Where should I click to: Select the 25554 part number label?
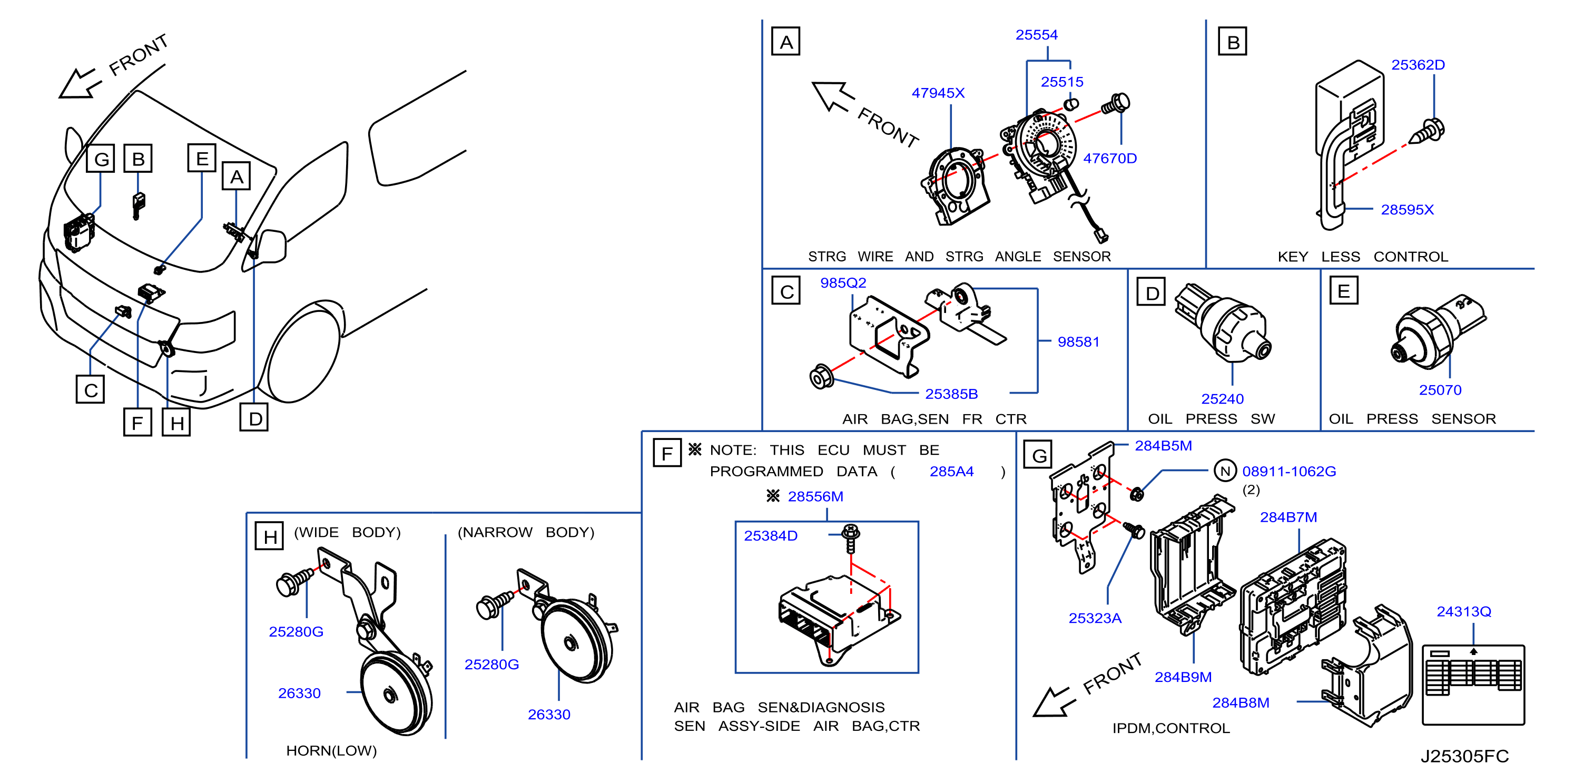[x=1036, y=35]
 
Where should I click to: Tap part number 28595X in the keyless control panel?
[x=1406, y=210]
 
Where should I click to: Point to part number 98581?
[x=1078, y=342]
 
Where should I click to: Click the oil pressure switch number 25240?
[x=1222, y=399]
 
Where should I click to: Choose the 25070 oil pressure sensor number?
[x=1440, y=390]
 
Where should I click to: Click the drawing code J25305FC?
[x=1464, y=756]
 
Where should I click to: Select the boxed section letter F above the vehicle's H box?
[x=137, y=422]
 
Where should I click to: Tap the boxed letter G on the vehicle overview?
[x=101, y=159]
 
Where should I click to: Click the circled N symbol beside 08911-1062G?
[x=1225, y=471]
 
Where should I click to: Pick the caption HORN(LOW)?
[x=331, y=750]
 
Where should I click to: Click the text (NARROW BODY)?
[x=526, y=533]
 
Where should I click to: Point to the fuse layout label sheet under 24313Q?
[x=1473, y=685]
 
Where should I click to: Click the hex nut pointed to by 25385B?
[x=821, y=377]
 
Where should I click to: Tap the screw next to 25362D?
[x=1429, y=132]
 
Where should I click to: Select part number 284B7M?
[x=1288, y=517]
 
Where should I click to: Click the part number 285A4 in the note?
[x=951, y=472]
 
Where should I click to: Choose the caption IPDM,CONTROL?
[x=1170, y=728]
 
